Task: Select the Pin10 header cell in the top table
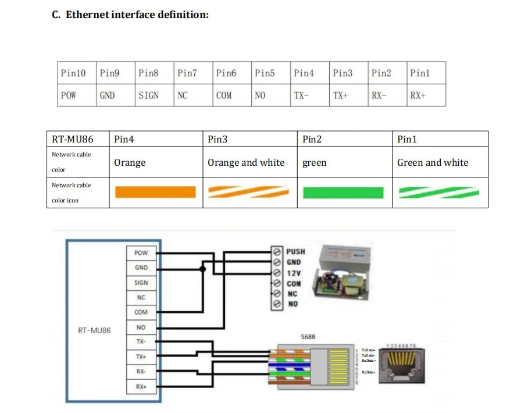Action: (x=73, y=73)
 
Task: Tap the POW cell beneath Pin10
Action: (x=68, y=95)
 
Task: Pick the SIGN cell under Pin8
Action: (x=148, y=95)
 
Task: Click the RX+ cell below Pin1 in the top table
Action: (x=418, y=95)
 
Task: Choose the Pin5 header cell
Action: (x=265, y=73)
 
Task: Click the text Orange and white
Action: (x=246, y=163)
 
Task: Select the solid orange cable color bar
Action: (x=155, y=192)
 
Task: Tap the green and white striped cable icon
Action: (x=439, y=192)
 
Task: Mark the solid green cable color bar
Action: (x=343, y=192)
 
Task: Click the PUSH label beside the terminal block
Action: (x=295, y=252)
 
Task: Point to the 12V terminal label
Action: (x=293, y=273)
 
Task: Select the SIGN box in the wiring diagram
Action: (x=141, y=283)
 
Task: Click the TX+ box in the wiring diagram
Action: (x=141, y=357)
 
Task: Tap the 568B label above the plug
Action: (x=308, y=337)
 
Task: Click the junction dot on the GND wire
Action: (x=202, y=269)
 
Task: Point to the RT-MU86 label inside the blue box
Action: (x=94, y=330)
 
